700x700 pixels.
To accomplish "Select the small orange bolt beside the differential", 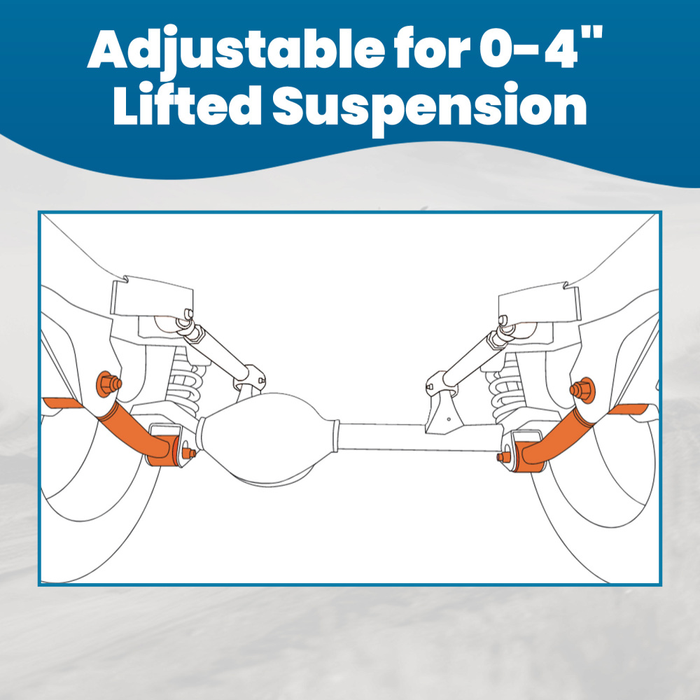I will coord(188,453).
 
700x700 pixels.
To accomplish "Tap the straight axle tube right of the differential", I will coord(381,437).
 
